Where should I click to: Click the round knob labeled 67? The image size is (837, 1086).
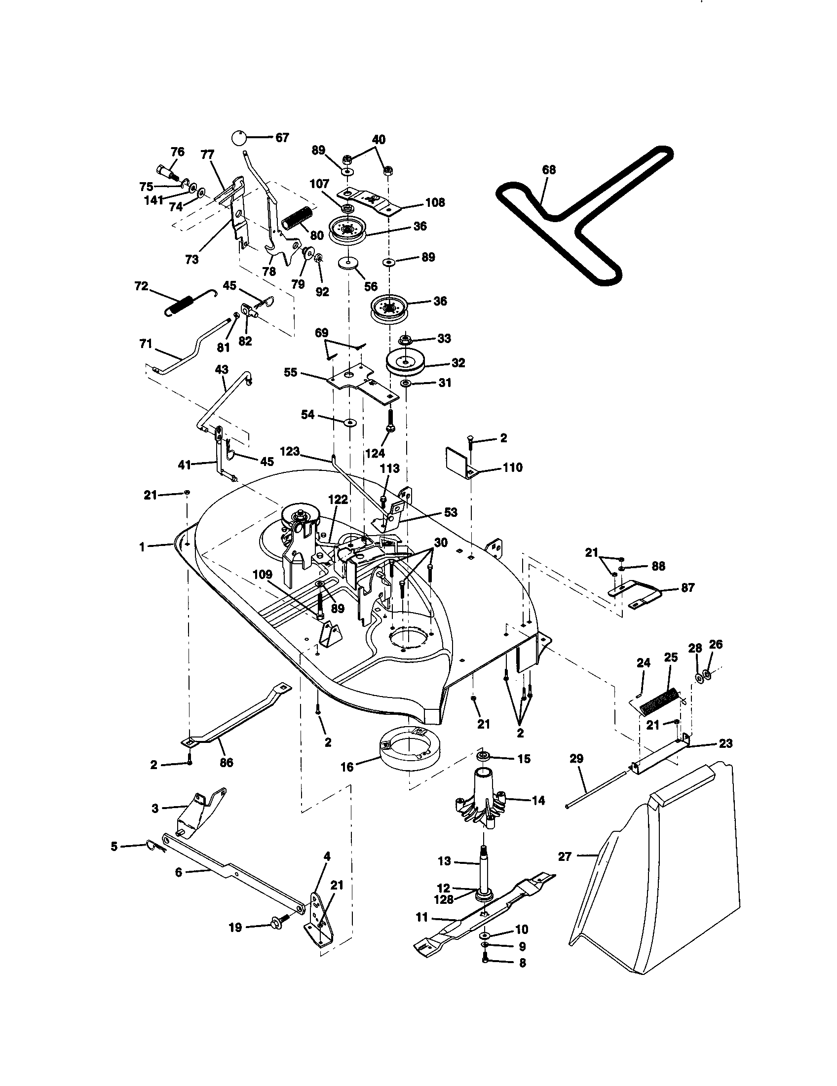coord(239,137)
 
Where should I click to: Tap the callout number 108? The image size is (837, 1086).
coord(435,203)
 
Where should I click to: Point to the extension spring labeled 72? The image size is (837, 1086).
coord(180,304)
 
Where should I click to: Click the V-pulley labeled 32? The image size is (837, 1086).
coord(406,363)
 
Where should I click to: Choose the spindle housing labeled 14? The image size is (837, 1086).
coord(480,801)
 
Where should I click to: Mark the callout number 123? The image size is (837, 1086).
coord(290,452)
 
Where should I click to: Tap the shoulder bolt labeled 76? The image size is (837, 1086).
coord(168,173)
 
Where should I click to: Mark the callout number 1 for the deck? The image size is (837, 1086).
coord(142,547)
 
